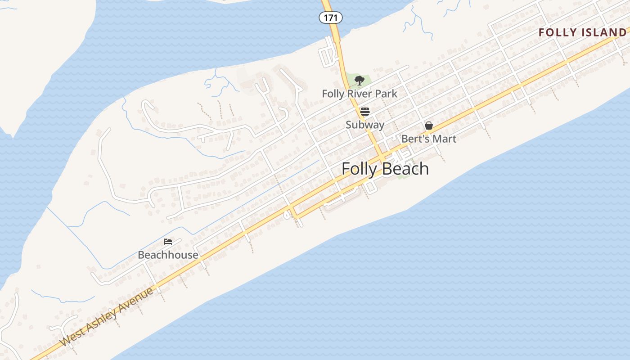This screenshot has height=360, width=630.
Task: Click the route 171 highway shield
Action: (x=331, y=18)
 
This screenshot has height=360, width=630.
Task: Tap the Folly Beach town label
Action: (x=385, y=169)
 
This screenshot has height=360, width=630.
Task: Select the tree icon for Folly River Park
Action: (x=359, y=81)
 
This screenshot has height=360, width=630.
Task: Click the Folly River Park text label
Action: (x=360, y=94)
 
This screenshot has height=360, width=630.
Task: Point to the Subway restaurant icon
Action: (x=365, y=112)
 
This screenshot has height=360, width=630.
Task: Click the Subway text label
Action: (x=365, y=125)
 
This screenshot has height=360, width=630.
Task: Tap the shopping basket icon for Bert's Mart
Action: (x=429, y=126)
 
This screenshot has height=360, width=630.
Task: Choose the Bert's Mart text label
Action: (x=429, y=139)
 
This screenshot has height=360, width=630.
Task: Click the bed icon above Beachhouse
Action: (x=168, y=242)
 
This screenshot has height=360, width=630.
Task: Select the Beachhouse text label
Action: (x=168, y=255)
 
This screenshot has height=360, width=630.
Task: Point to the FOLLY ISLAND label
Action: (x=582, y=32)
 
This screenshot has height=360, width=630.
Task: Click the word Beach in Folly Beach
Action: (x=406, y=169)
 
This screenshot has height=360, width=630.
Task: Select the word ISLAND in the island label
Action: (x=603, y=32)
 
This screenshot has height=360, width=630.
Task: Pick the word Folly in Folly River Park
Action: (x=332, y=94)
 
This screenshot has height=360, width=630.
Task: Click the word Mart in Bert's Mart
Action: (x=445, y=139)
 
